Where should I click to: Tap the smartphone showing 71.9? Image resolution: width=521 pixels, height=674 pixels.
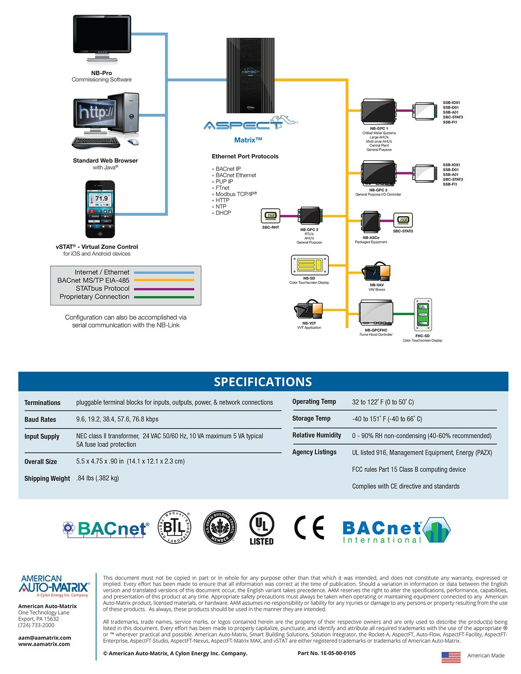coord(100,209)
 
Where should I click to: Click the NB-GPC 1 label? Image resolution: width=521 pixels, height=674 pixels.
coord(379,128)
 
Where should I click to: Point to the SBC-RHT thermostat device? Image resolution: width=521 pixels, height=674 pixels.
coord(270,216)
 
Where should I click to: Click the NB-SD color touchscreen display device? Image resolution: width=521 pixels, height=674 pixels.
coord(309,265)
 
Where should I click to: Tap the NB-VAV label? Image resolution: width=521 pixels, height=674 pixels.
coord(377,285)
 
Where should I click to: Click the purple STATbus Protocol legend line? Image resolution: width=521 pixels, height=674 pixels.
coord(164,289)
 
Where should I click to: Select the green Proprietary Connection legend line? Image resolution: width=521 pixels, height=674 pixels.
coord(164,297)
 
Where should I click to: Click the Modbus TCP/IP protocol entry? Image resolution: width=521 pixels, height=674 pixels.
coord(236,194)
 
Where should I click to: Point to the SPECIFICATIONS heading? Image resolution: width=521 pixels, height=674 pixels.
coord(263,381)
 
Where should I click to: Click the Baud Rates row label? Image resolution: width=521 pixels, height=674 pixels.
coord(40,420)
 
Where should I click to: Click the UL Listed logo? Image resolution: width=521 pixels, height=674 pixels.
coord(261,528)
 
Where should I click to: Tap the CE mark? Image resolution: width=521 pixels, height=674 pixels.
coord(309,528)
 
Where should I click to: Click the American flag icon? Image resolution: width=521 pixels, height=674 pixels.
coord(451,657)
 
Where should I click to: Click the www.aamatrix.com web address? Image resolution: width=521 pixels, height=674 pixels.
coord(44,644)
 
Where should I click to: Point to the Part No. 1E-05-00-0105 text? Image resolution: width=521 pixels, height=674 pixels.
coord(326,653)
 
